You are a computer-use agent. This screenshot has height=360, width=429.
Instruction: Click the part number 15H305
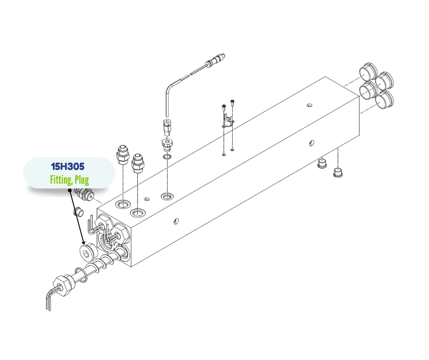click(68, 166)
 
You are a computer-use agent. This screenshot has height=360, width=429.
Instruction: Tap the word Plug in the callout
click(82, 180)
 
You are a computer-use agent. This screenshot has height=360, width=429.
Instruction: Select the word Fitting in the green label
click(61, 180)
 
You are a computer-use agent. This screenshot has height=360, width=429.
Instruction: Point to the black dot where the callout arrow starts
click(70, 190)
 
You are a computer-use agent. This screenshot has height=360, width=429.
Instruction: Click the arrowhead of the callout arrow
click(84, 242)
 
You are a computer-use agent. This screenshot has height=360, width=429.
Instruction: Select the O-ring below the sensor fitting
click(167, 157)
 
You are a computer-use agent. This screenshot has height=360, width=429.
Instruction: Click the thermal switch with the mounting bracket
click(227, 122)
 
